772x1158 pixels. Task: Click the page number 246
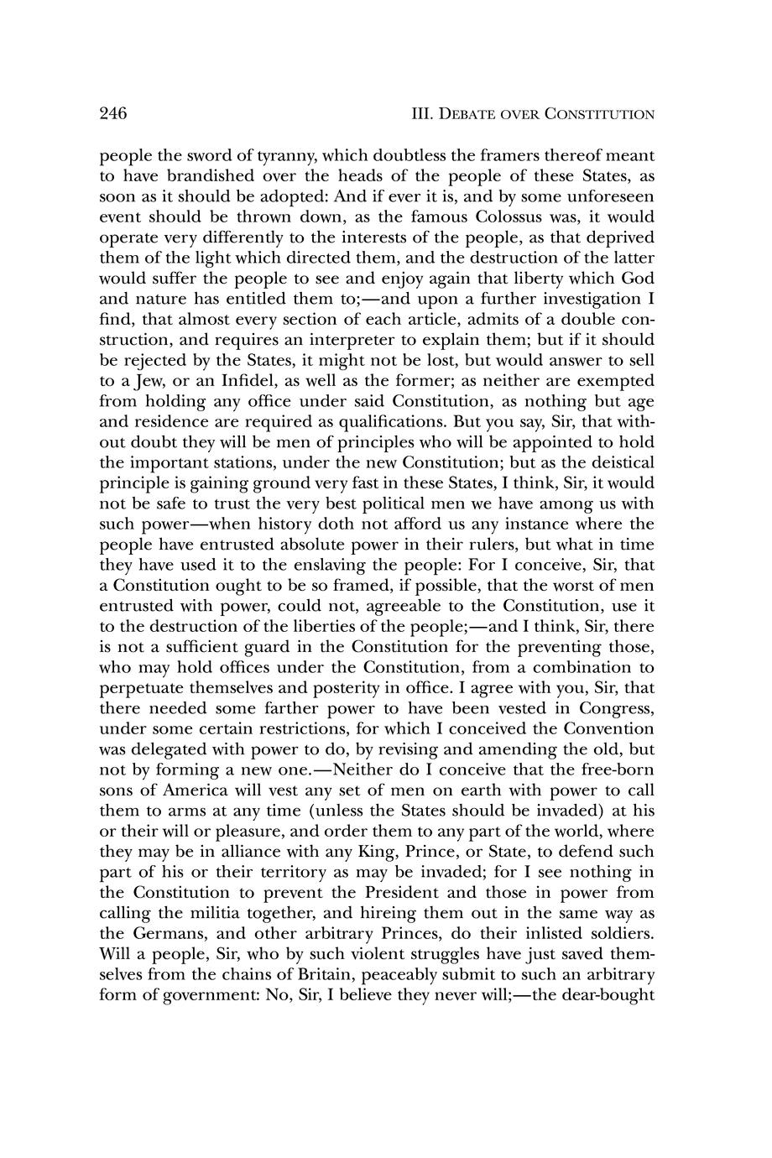tap(112, 114)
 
